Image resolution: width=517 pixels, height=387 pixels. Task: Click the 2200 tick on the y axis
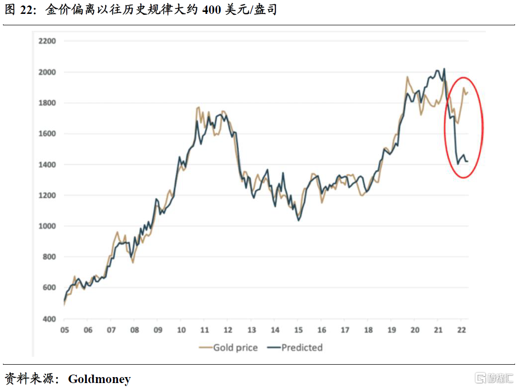pos(48,41)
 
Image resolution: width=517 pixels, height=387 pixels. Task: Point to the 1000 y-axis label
pos(48,226)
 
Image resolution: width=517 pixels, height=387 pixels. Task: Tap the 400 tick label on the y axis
pos(50,319)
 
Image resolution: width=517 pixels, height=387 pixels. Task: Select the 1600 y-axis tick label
pos(48,134)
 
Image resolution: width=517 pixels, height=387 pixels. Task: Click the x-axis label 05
pos(64,330)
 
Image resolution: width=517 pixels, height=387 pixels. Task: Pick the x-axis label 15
pos(298,330)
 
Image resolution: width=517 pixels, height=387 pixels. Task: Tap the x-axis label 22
pos(461,330)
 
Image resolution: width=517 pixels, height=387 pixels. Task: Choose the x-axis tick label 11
pos(204,330)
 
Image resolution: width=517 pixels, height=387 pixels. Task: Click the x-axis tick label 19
pos(391,330)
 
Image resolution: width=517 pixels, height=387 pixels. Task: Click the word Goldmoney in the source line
pos(99,379)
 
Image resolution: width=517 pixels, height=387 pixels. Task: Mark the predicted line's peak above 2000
pos(444,69)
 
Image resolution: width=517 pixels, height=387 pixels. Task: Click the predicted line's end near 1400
pos(467,161)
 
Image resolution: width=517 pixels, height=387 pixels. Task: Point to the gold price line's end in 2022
pos(467,92)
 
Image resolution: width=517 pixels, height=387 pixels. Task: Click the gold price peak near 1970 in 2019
pos(407,77)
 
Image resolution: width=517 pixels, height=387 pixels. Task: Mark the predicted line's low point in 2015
pos(298,220)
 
